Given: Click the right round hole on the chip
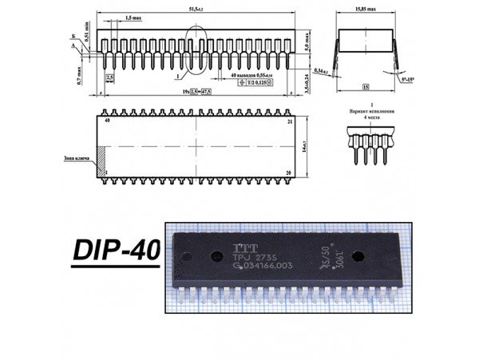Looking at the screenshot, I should (x=358, y=257).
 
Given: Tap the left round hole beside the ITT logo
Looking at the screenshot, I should (x=216, y=258).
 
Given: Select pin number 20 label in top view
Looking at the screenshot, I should (x=290, y=172).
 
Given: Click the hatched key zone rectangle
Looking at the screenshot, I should (x=101, y=157).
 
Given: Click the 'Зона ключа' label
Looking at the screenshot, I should (x=77, y=158).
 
